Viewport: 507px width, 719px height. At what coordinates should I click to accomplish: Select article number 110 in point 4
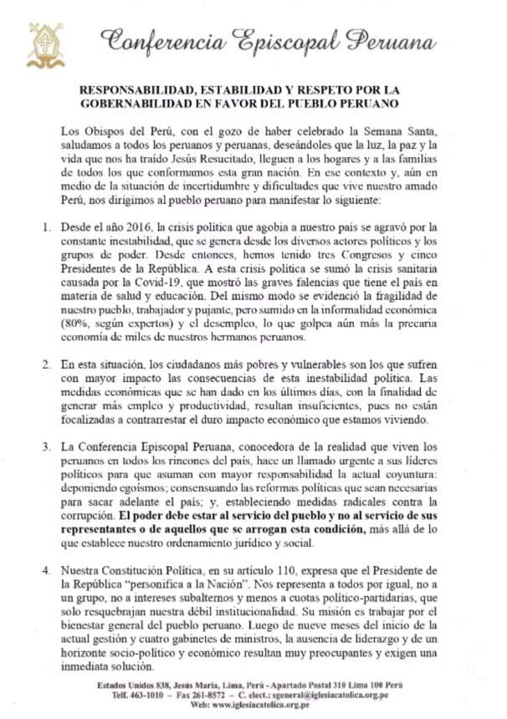click(x=289, y=570)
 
